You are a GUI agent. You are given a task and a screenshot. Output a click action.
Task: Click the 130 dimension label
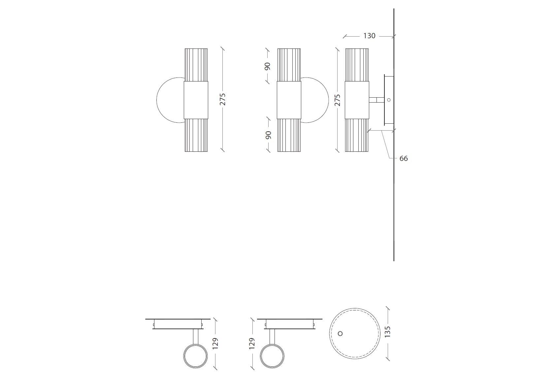pyautogui.click(x=369, y=36)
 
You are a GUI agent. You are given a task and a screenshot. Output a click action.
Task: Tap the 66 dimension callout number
pyautogui.click(x=404, y=159)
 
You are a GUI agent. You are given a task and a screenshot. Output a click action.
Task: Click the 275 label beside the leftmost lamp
pyautogui.click(x=223, y=100)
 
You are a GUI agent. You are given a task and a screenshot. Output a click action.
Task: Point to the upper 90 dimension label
pyautogui.click(x=268, y=66)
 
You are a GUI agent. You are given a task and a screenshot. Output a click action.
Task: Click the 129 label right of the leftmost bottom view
pyautogui.click(x=215, y=343)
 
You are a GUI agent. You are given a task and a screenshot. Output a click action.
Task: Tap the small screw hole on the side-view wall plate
pyautogui.click(x=389, y=100)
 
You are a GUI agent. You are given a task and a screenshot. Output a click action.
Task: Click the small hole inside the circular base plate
pyautogui.click(x=341, y=333)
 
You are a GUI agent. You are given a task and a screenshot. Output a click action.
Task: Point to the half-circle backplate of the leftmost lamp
pyautogui.click(x=169, y=100)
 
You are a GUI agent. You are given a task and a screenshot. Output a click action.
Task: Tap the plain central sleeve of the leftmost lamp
pyautogui.click(x=196, y=100)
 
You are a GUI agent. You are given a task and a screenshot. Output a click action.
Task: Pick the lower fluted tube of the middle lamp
pyautogui.click(x=289, y=135)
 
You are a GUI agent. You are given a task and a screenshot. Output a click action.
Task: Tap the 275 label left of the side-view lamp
pyautogui.click(x=337, y=100)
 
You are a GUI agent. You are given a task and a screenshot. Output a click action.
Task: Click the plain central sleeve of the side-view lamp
pyautogui.click(x=357, y=100)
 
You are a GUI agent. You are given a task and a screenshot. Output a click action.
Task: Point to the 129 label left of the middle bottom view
pyautogui.click(x=252, y=343)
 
